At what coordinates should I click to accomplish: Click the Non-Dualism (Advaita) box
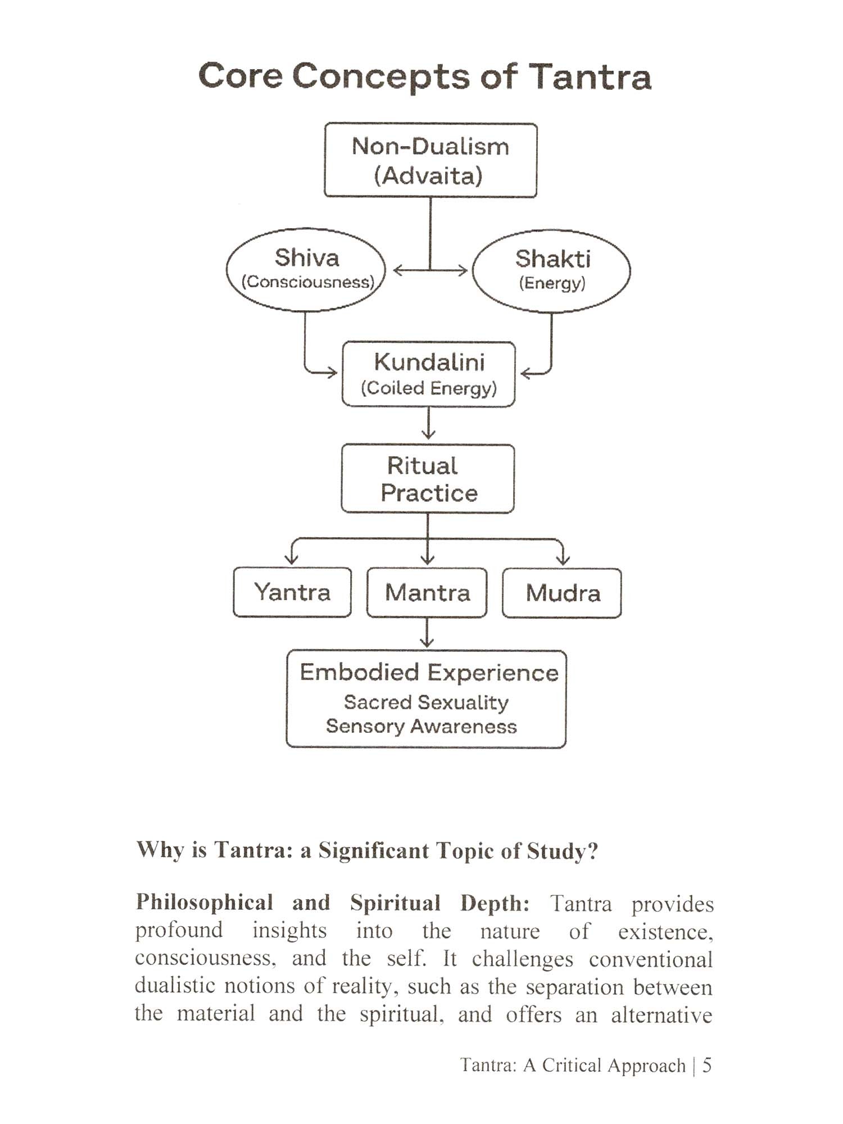430,160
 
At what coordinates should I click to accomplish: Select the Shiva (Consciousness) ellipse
306,270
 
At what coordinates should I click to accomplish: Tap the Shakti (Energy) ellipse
551,270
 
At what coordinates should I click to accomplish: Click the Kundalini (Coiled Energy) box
429,374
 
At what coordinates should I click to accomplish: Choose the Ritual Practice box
428,479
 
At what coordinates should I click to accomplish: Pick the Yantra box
292,593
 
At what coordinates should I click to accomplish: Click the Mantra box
427,593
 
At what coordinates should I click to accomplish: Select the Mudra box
562,593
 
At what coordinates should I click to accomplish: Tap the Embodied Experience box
426,699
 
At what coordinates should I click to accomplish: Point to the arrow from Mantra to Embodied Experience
427,634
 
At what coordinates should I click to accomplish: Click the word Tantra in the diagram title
590,76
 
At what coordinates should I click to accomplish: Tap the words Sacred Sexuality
426,703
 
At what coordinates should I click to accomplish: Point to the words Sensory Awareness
422,727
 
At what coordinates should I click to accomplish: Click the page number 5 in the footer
707,1065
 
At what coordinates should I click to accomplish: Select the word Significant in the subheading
373,850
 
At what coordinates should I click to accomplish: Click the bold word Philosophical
205,903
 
